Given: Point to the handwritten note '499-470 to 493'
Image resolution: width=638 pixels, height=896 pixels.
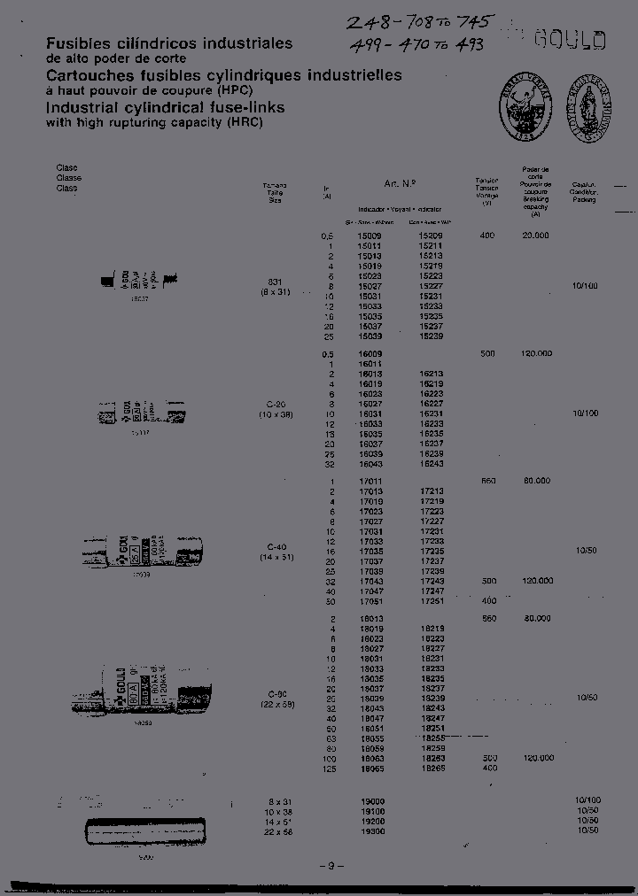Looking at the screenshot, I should pos(417,44).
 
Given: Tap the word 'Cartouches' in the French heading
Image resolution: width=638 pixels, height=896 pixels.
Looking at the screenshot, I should pos(86,75).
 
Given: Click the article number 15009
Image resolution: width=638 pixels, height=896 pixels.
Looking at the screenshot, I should pos(370,236).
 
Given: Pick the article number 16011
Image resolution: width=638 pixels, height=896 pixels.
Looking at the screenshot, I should pos(370,364).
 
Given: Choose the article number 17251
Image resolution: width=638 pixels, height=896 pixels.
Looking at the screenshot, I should pos(432,600).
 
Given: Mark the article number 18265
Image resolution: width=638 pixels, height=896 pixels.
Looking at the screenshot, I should pos(432,769).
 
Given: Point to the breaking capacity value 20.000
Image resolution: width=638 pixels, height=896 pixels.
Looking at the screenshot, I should pos(535,236).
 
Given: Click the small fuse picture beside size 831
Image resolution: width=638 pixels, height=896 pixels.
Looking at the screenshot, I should pos(142,282).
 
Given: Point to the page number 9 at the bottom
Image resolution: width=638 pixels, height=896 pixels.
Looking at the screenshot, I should pos(331,866).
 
